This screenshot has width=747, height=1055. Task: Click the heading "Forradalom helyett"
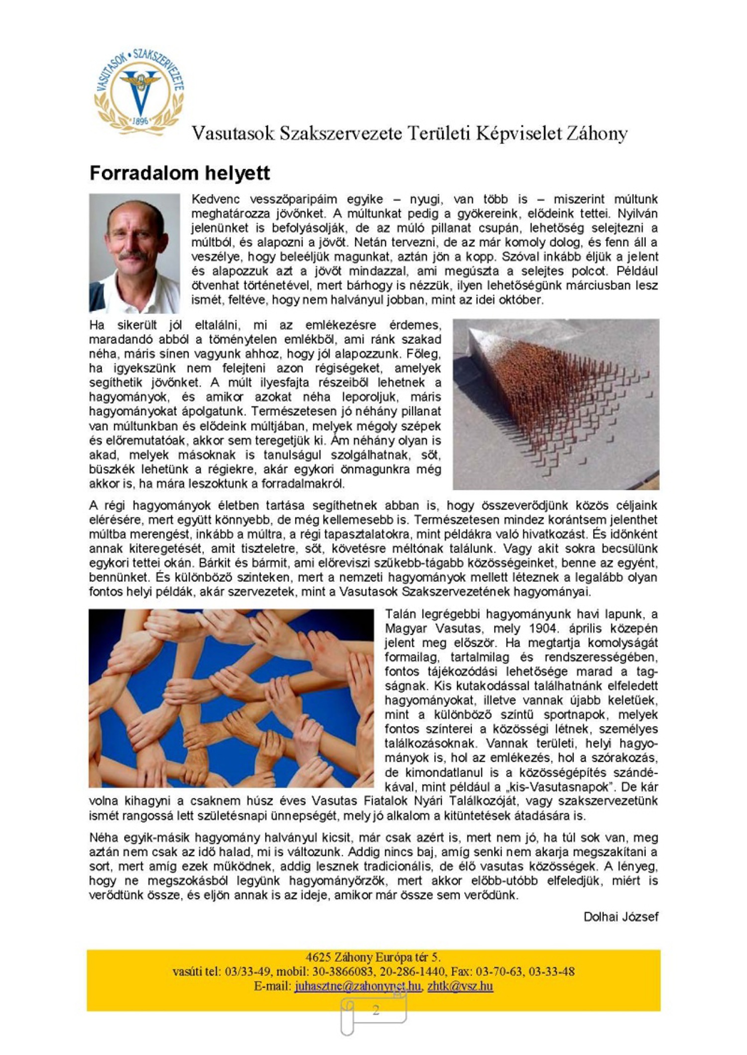tap(179, 173)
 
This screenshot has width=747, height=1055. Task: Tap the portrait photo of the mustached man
tap(134, 253)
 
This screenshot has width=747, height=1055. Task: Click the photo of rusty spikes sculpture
tap(556, 404)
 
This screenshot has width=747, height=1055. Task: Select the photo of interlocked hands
tap(231, 698)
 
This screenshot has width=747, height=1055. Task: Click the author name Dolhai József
tap(621, 917)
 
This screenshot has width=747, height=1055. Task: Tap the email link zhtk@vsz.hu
tap(460, 986)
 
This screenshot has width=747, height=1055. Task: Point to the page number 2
tap(375, 1010)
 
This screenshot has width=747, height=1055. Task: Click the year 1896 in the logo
tap(140, 120)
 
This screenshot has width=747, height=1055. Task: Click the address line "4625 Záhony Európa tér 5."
tap(373, 957)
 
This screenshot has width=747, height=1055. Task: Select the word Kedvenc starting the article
tap(216, 199)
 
